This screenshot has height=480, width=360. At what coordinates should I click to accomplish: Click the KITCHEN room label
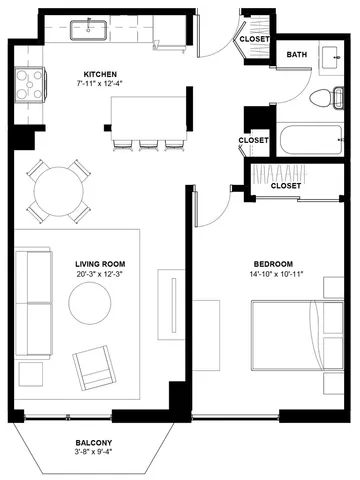pos(100,74)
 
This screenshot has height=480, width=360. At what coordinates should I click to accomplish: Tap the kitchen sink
pos(89,30)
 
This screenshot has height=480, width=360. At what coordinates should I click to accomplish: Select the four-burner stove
pos(30,85)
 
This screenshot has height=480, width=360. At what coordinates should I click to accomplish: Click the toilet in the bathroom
pos(326,98)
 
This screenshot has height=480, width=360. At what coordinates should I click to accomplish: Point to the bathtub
pos(311,140)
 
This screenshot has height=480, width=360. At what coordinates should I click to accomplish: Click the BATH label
pos(297,54)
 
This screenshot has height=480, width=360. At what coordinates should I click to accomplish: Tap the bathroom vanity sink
pos(332,58)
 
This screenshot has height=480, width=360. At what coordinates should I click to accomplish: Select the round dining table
pos(59,191)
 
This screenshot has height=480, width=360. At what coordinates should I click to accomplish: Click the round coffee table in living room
pos(90,303)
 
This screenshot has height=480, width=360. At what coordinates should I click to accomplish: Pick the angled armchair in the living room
pos(94,368)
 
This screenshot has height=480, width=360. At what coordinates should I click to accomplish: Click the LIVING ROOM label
pos(100,264)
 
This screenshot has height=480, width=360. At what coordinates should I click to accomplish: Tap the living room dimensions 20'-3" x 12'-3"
pos(100,274)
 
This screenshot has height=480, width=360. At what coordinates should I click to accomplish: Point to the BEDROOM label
pos(273,264)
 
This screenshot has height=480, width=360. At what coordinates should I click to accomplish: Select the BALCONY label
pos(94,443)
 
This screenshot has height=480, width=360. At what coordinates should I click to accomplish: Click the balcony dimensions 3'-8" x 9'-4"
pos(94,452)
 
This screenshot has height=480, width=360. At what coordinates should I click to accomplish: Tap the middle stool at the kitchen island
pos(149,145)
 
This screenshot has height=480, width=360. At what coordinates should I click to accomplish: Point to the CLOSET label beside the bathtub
pos(253,140)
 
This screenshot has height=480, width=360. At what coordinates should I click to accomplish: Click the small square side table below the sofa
pos(31,374)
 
